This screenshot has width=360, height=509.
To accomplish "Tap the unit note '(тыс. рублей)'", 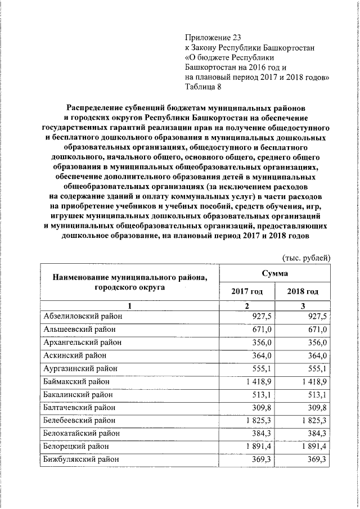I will pos(306,258).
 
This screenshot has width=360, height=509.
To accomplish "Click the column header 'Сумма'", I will pos(274,273).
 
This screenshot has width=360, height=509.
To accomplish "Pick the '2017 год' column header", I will pos(246,291).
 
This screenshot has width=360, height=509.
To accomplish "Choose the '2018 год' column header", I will pos(302,291).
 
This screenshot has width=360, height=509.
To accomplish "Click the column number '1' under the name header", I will pos(128,305).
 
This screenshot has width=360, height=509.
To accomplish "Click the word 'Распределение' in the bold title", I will pos(97,107).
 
